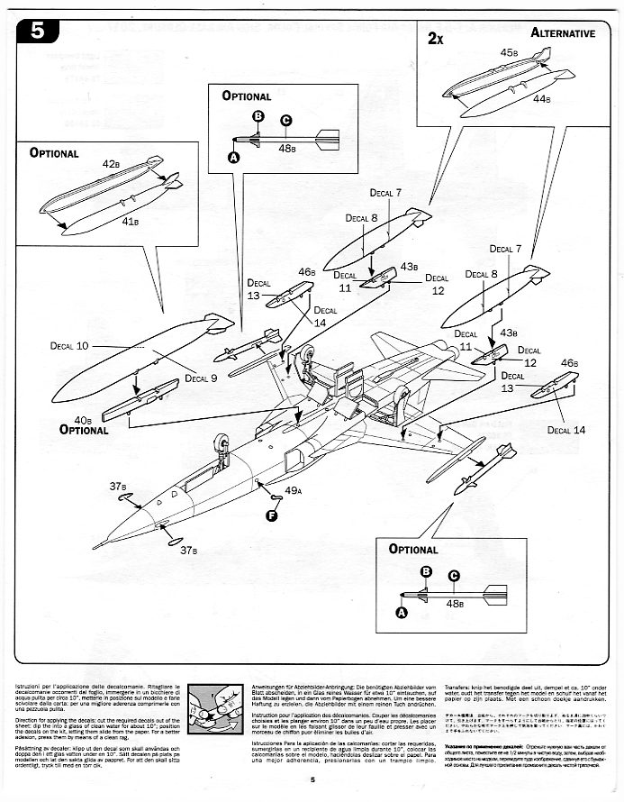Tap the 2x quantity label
(437, 39)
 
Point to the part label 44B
(541, 99)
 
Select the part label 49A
(292, 491)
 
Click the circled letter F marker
(271, 515)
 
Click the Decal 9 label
(202, 378)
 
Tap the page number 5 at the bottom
(311, 780)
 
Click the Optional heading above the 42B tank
(54, 152)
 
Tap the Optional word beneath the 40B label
(84, 430)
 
